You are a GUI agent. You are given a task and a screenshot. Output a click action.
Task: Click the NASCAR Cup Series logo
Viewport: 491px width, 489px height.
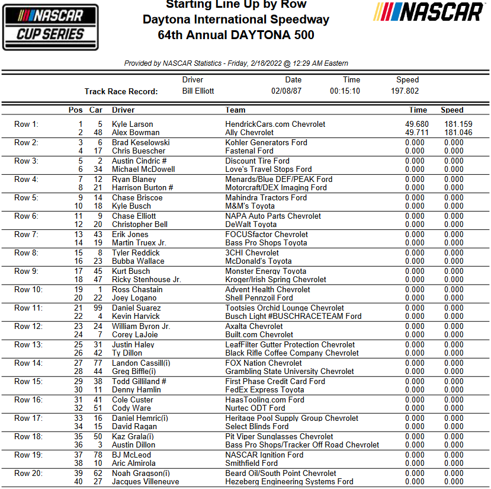click(50, 27)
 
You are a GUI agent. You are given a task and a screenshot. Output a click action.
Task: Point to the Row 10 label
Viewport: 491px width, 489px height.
click(28, 290)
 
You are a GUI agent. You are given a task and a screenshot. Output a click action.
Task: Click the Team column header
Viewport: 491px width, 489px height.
click(235, 110)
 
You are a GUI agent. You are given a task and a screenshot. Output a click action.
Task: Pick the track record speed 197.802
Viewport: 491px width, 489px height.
click(405, 91)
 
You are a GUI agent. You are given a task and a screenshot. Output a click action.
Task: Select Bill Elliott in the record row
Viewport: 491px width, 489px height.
click(198, 91)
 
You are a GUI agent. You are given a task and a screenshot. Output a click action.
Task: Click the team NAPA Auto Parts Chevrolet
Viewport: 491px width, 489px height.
click(273, 216)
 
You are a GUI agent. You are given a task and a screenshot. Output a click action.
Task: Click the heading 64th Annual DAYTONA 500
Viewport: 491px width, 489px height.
click(236, 36)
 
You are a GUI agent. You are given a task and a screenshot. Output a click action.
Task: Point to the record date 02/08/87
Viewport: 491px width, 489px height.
click(287, 91)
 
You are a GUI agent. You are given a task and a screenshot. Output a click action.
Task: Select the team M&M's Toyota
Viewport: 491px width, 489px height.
click(250, 206)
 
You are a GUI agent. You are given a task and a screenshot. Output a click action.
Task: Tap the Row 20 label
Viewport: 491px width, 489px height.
click(28, 474)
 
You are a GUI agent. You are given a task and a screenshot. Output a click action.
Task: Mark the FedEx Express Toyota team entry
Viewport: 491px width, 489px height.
click(265, 390)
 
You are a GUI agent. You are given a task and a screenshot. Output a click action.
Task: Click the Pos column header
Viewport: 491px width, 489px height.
click(76, 110)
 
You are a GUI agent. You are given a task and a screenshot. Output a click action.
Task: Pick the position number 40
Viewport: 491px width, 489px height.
click(78, 482)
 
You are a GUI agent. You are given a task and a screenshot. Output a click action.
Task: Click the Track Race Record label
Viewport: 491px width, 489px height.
click(121, 91)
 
